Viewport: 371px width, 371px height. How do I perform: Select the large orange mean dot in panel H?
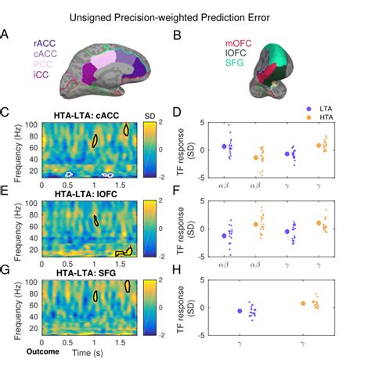(303, 304)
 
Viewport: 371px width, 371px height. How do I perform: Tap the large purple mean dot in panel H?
(240, 311)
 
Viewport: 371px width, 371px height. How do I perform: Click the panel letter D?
(179, 114)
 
